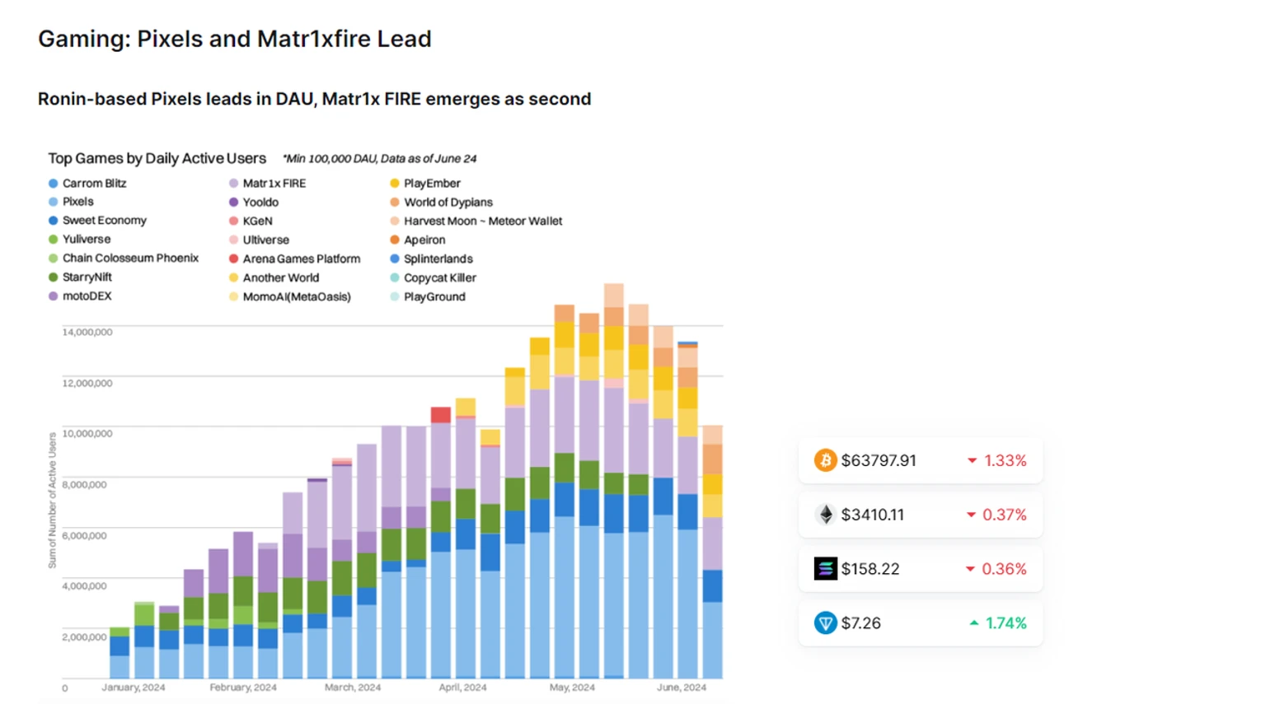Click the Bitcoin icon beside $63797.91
point(825,460)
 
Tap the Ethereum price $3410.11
point(872,515)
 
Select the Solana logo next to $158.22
point(825,569)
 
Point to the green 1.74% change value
point(1006,623)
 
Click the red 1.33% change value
point(1005,460)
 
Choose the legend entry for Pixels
point(77,202)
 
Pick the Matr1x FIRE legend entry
point(274,184)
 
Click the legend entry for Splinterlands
point(438,259)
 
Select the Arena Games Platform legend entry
point(301,259)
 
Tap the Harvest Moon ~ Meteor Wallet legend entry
point(482,221)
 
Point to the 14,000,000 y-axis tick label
point(87,332)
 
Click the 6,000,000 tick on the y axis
point(85,535)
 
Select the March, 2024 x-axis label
point(353,688)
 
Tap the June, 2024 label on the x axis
point(681,688)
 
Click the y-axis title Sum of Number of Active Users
point(52,501)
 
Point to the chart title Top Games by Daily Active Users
point(157,158)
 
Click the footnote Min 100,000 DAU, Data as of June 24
point(379,159)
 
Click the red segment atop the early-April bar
point(441,415)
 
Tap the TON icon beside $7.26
point(825,623)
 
